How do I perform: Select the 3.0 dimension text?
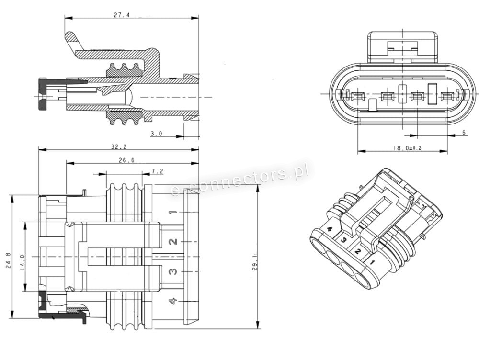(157, 134)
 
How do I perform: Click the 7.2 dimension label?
(157, 171)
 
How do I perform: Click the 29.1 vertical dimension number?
(254, 261)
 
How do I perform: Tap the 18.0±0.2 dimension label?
(407, 148)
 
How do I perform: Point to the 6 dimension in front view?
(463, 133)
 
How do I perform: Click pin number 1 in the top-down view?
(173, 212)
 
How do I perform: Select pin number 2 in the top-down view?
(173, 242)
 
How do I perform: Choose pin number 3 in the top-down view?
(173, 271)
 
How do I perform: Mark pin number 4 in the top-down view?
(173, 301)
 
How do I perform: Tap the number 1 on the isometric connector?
(373, 262)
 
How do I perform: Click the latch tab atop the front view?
(402, 46)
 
